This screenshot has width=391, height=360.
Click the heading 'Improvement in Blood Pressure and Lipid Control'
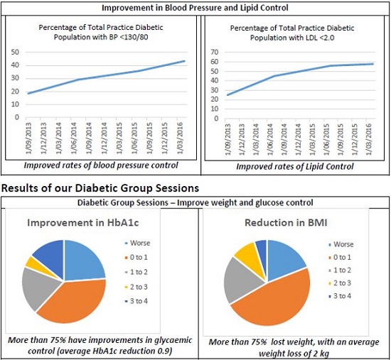click(195, 8)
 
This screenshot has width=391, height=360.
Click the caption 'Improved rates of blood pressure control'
click(100, 167)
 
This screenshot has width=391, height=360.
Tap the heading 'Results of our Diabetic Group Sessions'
click(99, 187)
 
